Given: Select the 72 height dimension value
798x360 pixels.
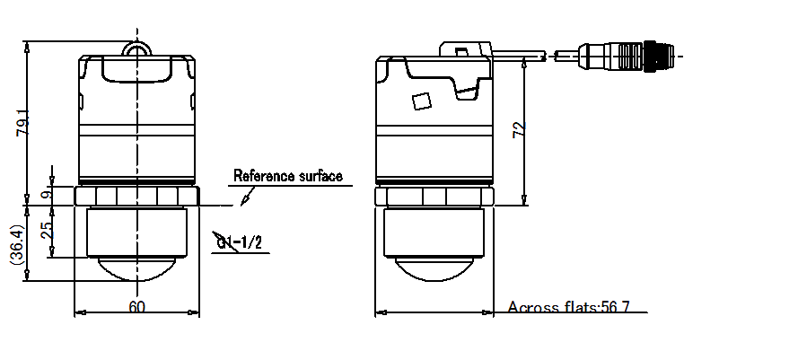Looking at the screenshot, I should pos(518,131).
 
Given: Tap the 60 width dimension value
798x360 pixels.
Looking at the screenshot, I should pos(136,307).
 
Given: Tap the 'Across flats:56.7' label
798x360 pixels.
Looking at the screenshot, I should pos(568,308).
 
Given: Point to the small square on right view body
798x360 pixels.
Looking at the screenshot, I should pos(419,101).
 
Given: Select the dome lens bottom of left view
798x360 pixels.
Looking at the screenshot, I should pos(136,269).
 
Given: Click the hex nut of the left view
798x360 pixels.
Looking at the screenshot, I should pos(136,196).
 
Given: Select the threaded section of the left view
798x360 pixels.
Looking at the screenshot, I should pos(136,232).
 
